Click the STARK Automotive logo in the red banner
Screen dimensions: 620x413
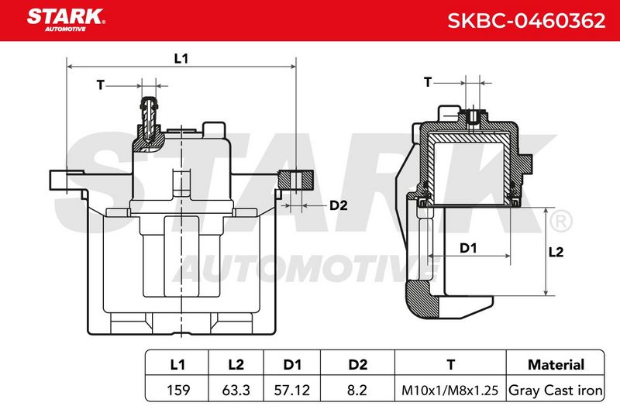click(66, 20)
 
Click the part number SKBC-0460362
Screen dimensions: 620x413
click(526, 21)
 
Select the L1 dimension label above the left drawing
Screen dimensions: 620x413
click(181, 58)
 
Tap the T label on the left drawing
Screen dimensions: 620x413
click(101, 84)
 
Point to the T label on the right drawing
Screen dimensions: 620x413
click(428, 82)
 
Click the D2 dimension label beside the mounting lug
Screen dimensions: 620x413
click(339, 205)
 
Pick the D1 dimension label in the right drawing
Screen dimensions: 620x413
click(468, 248)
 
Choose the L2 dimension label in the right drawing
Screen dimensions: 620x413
click(556, 252)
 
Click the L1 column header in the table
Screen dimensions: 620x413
click(177, 364)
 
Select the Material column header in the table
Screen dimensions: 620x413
click(556, 364)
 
